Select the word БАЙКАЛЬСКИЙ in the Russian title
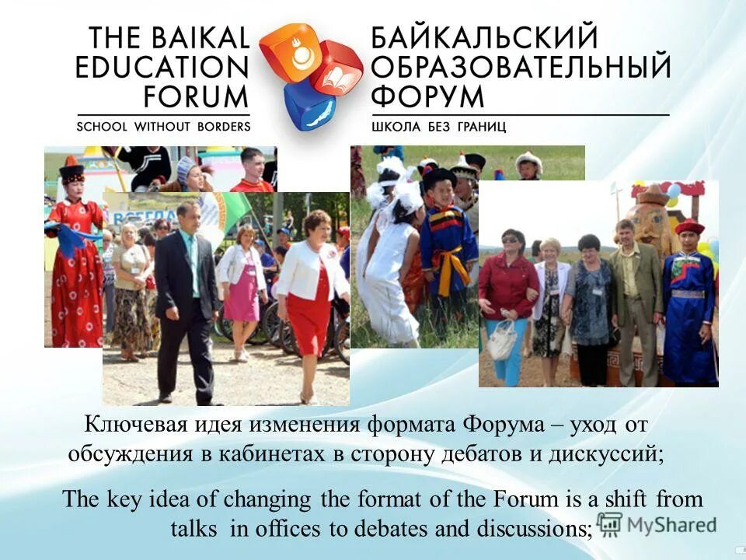pos(484,38)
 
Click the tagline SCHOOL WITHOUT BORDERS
pos(163,126)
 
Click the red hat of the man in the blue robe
pos(689,227)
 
